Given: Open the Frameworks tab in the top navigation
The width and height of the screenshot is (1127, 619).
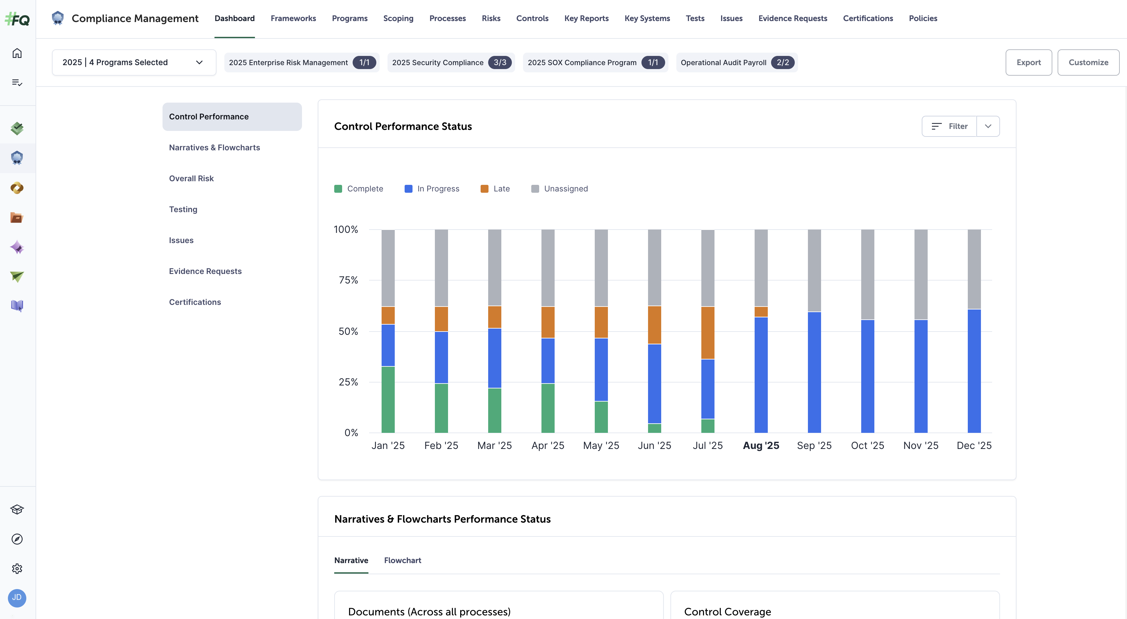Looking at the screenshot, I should pos(293,18).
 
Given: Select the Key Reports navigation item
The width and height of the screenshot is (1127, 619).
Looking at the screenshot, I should pos(586,18).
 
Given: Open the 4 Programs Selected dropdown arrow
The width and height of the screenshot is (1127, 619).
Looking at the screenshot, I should pos(199,62).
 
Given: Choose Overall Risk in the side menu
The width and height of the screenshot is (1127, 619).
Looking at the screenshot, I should pos(191,179).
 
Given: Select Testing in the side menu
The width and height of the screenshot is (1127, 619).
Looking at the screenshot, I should pos(183,210).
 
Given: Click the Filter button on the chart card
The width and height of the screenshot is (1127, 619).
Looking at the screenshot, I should pos(949,126).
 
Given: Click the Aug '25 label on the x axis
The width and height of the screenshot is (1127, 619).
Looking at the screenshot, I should pos(761,446).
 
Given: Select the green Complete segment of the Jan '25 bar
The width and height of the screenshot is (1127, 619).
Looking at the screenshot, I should pos(388,399).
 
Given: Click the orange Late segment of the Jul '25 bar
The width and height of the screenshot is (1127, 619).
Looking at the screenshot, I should pos(708,333).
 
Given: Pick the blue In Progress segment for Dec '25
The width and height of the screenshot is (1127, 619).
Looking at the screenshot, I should pos(974,371).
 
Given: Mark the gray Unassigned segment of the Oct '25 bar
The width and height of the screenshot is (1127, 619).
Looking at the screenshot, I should pos(867,274).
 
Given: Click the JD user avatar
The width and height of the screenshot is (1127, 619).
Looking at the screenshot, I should pos(17,598).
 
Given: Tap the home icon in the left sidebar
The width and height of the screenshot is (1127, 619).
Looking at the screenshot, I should pos(17,53).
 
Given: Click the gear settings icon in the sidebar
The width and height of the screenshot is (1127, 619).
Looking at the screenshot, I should pos(17,568).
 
